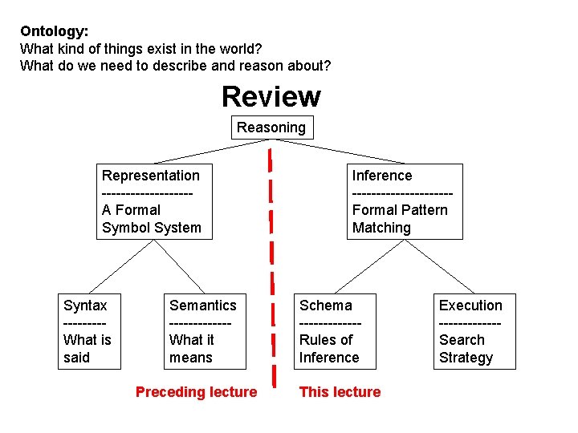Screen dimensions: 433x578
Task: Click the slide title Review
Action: point(271,97)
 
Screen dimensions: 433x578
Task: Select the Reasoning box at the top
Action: point(271,127)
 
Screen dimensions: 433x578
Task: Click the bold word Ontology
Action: point(53,31)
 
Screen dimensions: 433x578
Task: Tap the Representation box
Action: point(151,201)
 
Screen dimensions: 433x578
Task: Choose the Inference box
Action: point(406,201)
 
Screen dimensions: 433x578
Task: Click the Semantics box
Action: point(203,331)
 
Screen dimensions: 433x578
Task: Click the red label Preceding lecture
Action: point(197,392)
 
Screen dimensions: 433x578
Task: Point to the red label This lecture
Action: point(340,392)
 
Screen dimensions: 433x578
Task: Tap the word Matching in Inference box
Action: point(381,228)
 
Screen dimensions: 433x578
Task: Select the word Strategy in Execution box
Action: point(466,358)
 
